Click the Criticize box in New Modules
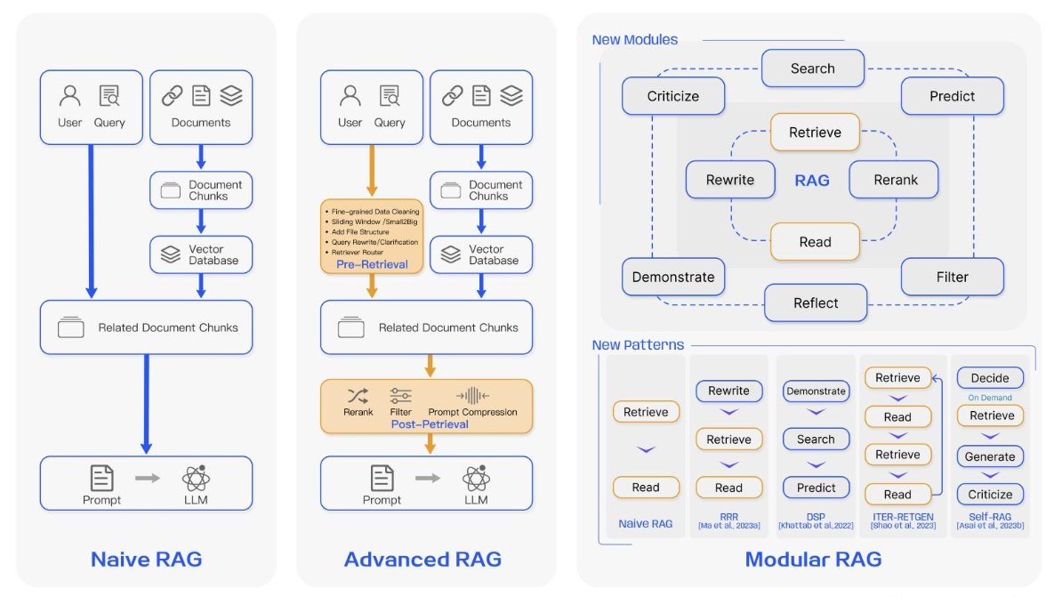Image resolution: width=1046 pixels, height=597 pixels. pyautogui.click(x=673, y=96)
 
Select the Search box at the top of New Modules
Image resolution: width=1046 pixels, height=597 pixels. pyautogui.click(x=812, y=69)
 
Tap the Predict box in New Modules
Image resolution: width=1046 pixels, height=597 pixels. pyautogui.click(x=952, y=96)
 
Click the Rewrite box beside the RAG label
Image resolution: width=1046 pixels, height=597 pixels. pyautogui.click(x=730, y=180)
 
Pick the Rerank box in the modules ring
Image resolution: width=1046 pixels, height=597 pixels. pyautogui.click(x=895, y=180)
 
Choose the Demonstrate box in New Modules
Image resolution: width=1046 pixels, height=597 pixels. pyautogui.click(x=673, y=277)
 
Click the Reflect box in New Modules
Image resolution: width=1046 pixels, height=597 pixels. pyautogui.click(x=816, y=303)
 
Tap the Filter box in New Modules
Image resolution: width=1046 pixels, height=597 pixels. pyautogui.click(x=952, y=277)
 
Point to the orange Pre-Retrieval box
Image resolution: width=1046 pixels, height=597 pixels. pyautogui.click(x=372, y=236)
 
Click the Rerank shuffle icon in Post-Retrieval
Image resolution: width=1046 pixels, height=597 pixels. pyautogui.click(x=358, y=396)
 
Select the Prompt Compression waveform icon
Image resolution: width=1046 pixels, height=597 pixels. pyautogui.click(x=472, y=396)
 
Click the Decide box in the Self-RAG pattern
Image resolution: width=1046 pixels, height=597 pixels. pyautogui.click(x=990, y=378)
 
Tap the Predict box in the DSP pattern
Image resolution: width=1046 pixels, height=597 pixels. pyautogui.click(x=816, y=488)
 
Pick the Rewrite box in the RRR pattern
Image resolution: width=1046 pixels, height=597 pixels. pyautogui.click(x=728, y=391)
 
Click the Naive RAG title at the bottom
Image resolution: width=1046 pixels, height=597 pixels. pyautogui.click(x=146, y=559)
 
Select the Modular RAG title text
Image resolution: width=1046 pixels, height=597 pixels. pyautogui.click(x=813, y=559)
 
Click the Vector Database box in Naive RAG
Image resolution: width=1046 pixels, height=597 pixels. pyautogui.click(x=201, y=254)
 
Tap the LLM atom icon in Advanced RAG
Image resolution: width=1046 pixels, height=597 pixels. pyautogui.click(x=476, y=480)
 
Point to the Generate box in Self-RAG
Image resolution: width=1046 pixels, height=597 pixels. pyautogui.click(x=990, y=456)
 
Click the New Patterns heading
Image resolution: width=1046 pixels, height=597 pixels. pyautogui.click(x=638, y=345)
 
